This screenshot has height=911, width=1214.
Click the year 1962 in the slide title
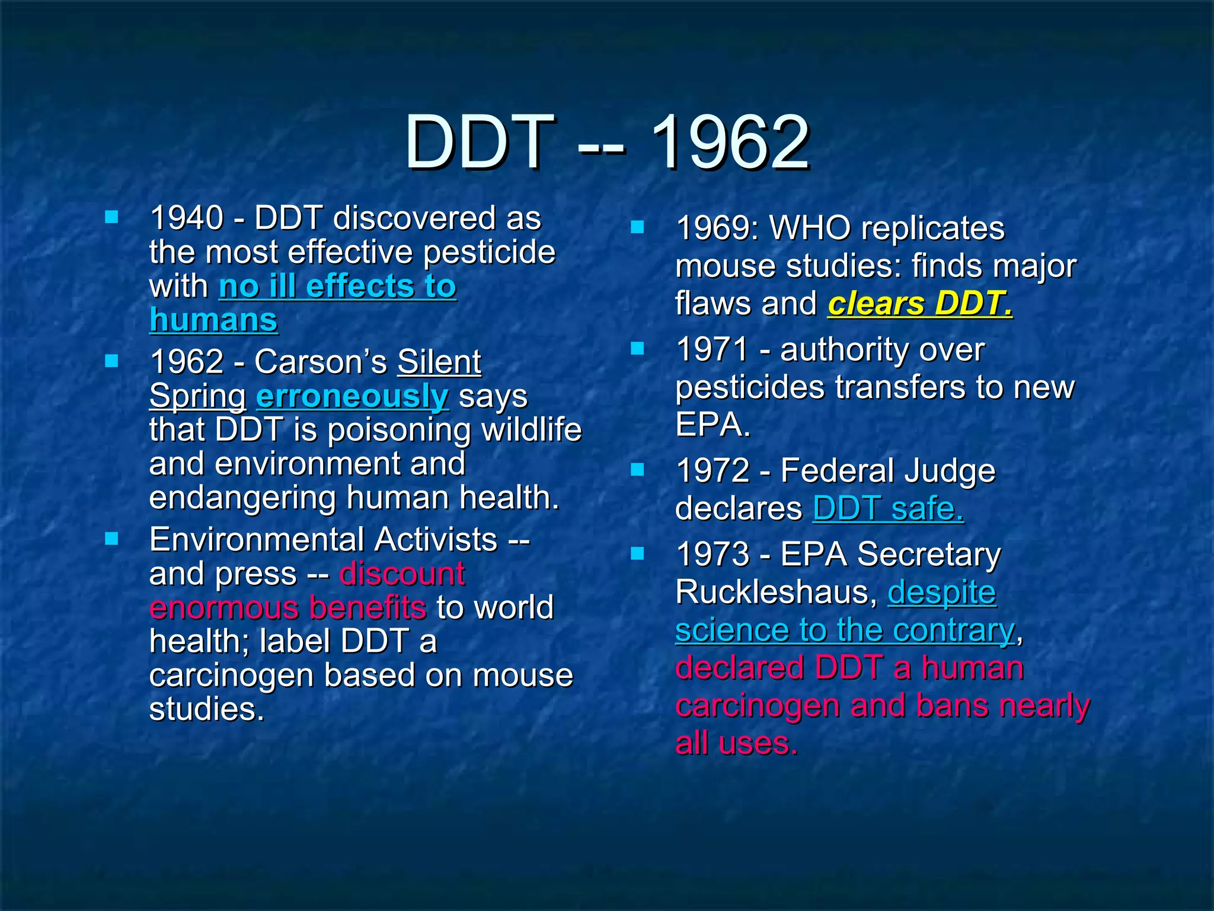(x=730, y=143)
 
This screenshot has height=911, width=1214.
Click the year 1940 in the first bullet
(x=187, y=218)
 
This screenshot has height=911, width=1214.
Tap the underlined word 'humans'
(x=213, y=321)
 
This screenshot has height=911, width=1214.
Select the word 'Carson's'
(x=320, y=362)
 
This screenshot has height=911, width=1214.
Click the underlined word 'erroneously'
(x=352, y=397)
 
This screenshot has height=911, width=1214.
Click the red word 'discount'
(x=402, y=574)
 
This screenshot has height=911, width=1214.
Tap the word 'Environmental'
(x=257, y=540)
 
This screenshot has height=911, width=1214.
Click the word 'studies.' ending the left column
(x=206, y=709)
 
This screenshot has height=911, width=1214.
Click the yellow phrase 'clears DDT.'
(x=920, y=304)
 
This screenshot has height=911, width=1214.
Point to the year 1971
(x=713, y=349)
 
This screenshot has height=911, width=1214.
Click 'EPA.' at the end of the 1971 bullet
(x=713, y=425)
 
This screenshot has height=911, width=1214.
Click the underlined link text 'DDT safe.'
(x=888, y=509)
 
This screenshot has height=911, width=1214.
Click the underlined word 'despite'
(x=942, y=593)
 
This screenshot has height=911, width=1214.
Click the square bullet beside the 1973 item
(x=637, y=554)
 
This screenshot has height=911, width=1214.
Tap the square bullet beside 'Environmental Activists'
(x=111, y=539)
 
